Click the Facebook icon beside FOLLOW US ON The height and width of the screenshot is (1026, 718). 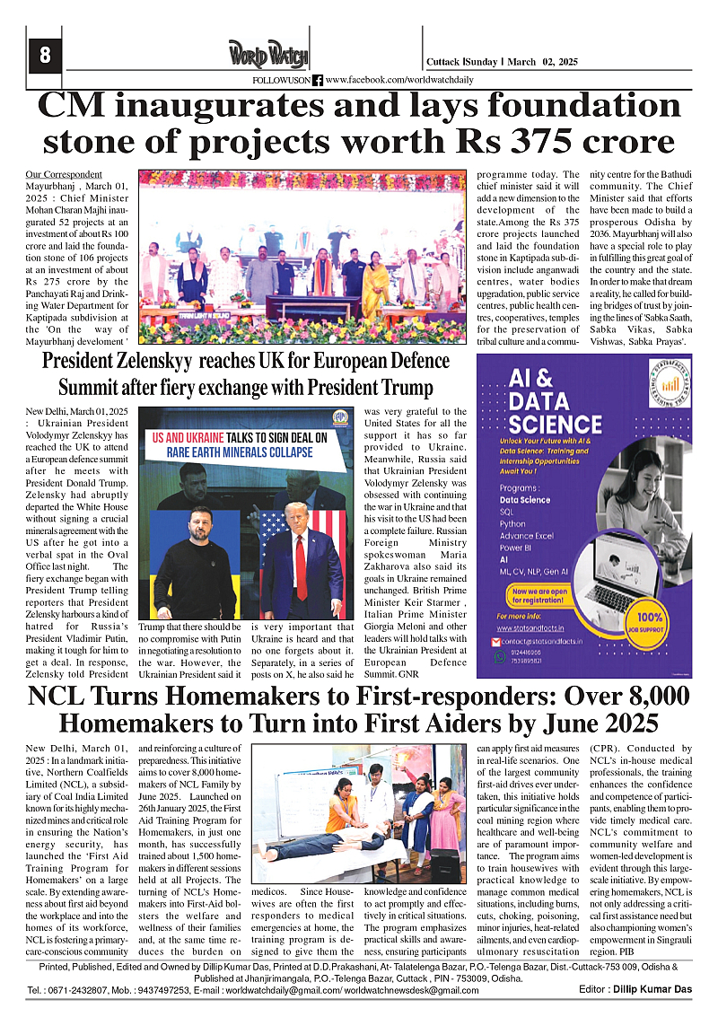[318, 80]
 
